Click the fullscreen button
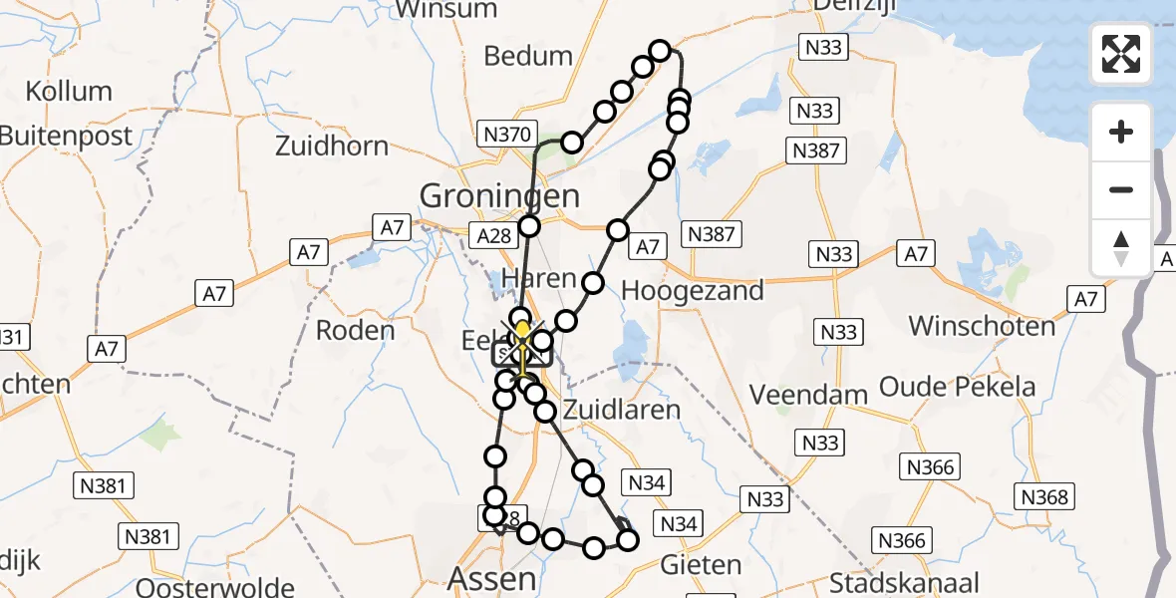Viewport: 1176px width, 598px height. (x=1121, y=54)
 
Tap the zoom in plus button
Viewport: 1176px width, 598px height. (x=1121, y=133)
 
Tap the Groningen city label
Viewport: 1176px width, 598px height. (x=499, y=195)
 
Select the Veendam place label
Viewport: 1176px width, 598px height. (x=808, y=395)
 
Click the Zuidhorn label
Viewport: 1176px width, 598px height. (x=332, y=147)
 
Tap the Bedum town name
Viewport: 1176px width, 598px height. (x=527, y=56)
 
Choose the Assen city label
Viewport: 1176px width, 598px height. (x=492, y=578)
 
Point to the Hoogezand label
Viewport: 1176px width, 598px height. (x=692, y=291)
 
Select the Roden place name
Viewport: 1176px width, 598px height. (x=355, y=330)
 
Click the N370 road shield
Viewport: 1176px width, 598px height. (x=509, y=133)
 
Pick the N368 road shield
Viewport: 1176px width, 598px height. (x=1043, y=496)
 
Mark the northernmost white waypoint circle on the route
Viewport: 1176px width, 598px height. (x=660, y=50)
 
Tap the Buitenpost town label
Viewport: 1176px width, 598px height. (x=66, y=137)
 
